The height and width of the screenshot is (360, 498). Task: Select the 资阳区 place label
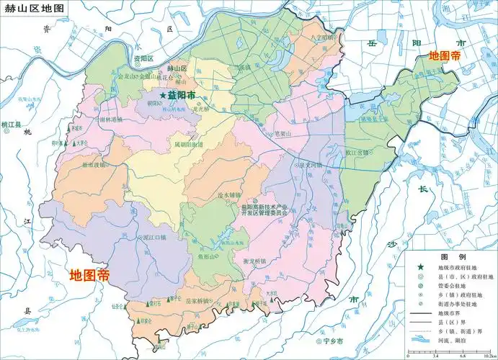point(143,58)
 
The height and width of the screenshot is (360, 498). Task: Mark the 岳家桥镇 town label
point(197,300)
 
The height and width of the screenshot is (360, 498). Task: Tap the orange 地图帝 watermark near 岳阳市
point(445,55)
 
